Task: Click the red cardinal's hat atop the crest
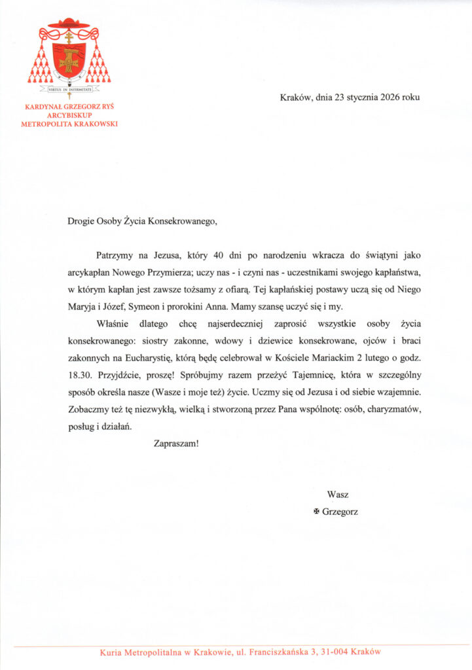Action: click(x=69, y=24)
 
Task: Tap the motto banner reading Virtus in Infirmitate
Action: click(x=69, y=90)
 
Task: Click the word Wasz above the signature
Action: click(x=338, y=494)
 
